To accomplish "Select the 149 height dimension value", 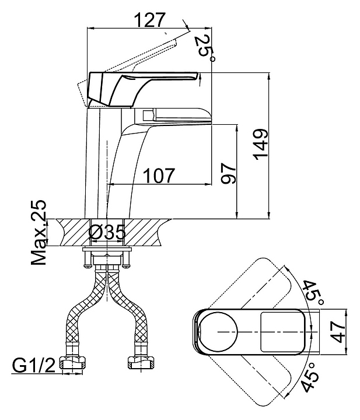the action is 261,145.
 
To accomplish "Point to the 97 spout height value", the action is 229,173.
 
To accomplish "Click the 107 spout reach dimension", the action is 159,176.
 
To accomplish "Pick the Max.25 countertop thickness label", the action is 39,232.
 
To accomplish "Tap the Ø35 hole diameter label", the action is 107,232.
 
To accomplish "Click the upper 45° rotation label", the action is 313,293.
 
